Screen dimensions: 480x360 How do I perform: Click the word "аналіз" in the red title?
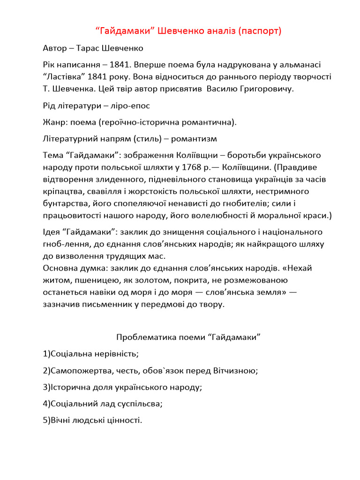tap(217, 31)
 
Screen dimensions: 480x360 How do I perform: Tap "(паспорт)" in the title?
tap(260, 31)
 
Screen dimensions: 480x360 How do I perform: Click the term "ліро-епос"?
tap(131, 106)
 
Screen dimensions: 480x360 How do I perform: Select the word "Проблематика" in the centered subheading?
tap(143, 337)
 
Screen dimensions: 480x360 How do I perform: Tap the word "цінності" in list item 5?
tap(124, 420)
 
